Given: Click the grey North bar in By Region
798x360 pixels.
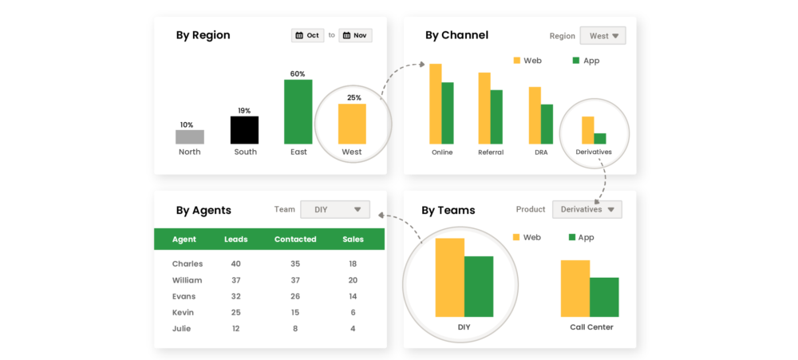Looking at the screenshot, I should (x=190, y=136).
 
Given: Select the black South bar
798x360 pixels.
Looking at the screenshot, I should (x=244, y=129).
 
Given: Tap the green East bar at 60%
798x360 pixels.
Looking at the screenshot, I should (x=298, y=112).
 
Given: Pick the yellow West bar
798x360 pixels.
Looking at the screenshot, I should (x=352, y=124).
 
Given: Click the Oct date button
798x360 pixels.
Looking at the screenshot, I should (x=307, y=35).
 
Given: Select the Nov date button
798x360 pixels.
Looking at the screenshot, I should (x=355, y=35).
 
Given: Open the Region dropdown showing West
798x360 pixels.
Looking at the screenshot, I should (x=602, y=36).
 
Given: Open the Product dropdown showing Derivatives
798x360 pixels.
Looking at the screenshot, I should (x=587, y=209).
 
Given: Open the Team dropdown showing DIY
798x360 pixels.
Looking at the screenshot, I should (x=335, y=210).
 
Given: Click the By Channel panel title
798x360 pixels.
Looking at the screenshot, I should (x=456, y=35).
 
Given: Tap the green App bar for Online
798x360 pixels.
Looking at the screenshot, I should (x=448, y=113).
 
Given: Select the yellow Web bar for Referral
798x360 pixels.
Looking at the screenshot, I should (x=484, y=108).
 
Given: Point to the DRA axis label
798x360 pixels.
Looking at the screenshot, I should (x=541, y=152).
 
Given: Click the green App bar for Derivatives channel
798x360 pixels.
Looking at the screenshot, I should (x=600, y=138).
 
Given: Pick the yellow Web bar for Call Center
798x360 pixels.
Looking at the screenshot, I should (x=575, y=288).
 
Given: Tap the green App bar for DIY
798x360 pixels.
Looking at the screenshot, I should (x=479, y=286).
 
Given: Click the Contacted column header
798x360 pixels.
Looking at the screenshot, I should (x=295, y=239).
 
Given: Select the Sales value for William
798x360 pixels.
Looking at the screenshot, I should (x=353, y=280).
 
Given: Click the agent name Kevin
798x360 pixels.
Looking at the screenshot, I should (x=184, y=312).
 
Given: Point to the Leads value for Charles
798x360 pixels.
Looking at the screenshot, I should (x=235, y=263).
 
